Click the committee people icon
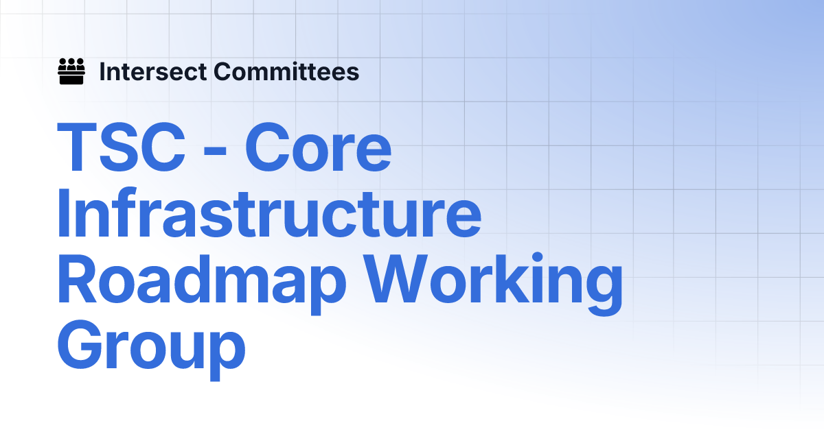point(71,71)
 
